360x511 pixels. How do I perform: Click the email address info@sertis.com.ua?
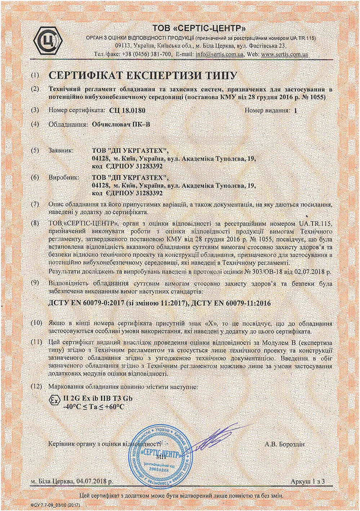[220, 54]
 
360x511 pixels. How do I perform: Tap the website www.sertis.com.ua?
[284, 54]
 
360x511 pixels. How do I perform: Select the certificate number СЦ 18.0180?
[126, 111]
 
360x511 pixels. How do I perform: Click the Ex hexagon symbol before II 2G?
[53, 400]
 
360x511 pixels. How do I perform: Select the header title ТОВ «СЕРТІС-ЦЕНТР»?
[200, 28]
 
